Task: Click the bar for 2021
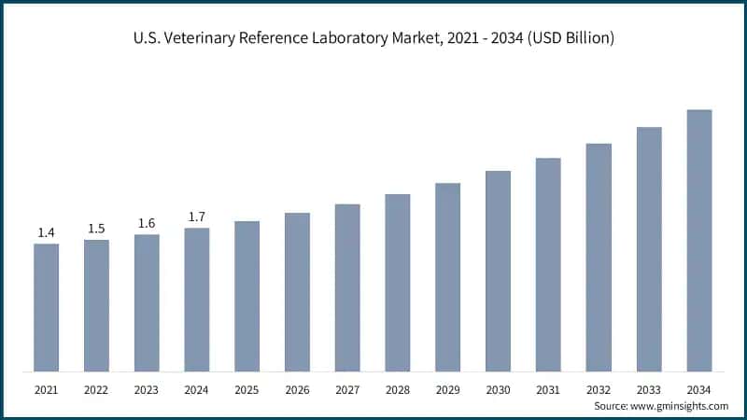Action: point(46,307)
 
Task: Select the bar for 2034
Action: point(699,240)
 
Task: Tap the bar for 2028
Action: point(398,283)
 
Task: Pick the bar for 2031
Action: point(548,264)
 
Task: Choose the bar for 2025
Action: point(247,296)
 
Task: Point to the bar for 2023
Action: point(147,302)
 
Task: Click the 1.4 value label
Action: point(46,232)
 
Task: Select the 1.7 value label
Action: point(197,217)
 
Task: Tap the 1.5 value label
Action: point(96,229)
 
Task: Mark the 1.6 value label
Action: point(147,223)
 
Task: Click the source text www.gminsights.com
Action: point(679,406)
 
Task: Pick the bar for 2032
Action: point(599,257)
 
